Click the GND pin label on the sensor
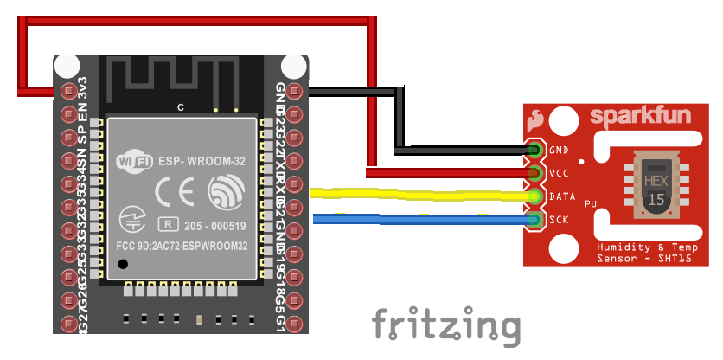coord(558,151)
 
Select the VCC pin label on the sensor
coord(558,173)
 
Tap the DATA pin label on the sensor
coord(561,196)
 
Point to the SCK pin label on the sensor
coord(558,219)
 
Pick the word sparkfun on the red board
coord(628,116)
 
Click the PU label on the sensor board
coord(591,203)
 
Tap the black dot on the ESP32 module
coord(124,264)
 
